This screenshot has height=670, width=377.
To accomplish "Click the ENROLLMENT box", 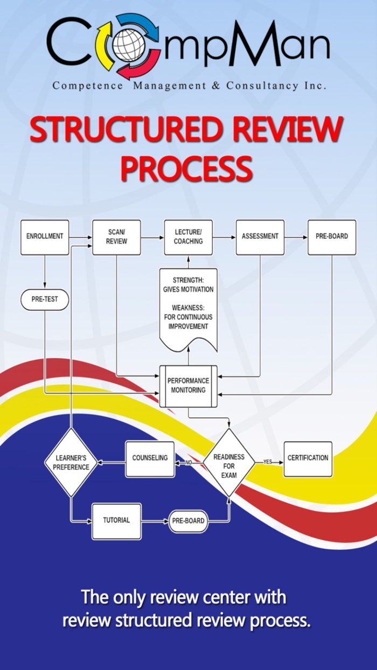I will tap(45, 236).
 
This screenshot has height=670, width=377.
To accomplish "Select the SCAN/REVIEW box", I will tap(116, 237).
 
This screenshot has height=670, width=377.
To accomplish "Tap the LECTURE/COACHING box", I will tap(188, 237).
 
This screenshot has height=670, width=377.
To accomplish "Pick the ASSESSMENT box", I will tap(260, 237).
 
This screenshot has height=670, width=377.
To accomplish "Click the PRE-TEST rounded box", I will tap(45, 299).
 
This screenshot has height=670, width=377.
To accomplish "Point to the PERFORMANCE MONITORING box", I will tap(188, 385).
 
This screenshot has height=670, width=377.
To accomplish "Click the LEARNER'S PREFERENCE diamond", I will tap(71, 463).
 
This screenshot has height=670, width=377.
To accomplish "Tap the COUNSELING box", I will tap(150, 458).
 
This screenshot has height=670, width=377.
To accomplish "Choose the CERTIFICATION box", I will tap(308, 458).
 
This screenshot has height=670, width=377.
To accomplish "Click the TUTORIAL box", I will tap(116, 521).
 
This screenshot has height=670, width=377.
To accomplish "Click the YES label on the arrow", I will tap(268, 462).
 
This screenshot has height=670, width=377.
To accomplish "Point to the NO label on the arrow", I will tap(188, 462).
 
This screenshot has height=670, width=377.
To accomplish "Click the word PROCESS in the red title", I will tap(186, 169).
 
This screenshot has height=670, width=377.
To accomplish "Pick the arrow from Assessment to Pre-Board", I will tap(296, 236).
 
